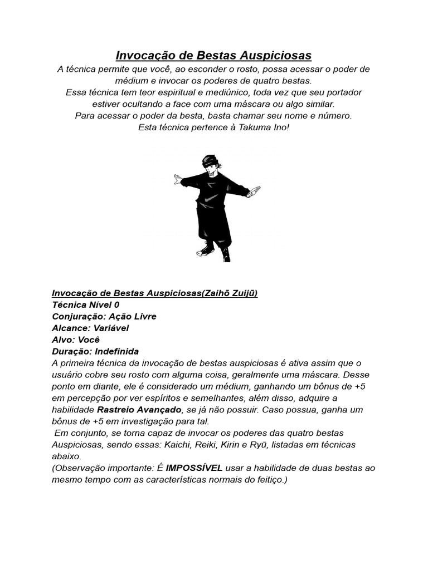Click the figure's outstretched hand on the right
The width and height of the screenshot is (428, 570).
[x=254, y=193]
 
